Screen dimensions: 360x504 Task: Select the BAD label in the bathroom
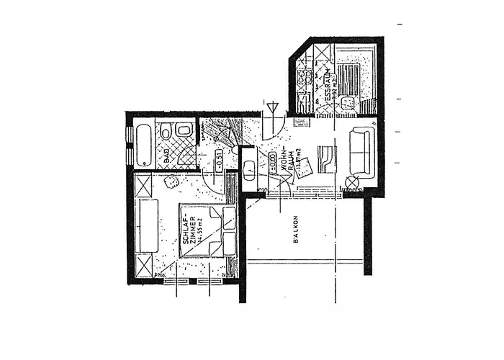(166, 155)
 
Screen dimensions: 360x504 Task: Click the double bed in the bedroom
(209, 230)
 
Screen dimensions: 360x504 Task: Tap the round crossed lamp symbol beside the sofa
(351, 181)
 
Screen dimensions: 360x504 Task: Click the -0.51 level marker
(217, 162)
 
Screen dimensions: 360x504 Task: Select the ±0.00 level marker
(274, 162)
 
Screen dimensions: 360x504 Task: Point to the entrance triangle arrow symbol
(271, 109)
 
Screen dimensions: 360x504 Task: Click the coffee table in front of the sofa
(326, 159)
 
